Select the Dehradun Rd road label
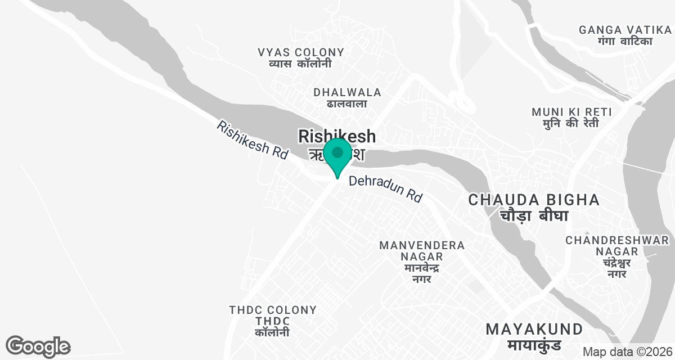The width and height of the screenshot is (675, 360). click(x=385, y=189)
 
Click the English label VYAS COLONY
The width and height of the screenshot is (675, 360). click(x=301, y=52)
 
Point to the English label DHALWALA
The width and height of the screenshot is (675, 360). click(x=347, y=92)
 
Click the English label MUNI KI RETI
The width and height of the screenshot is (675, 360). click(x=571, y=112)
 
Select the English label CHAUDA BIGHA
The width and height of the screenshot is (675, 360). click(x=533, y=200)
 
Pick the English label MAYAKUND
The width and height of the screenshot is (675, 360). click(x=534, y=329)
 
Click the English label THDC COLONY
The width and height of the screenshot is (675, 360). click(x=273, y=310)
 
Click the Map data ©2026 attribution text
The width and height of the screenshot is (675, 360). click(x=627, y=352)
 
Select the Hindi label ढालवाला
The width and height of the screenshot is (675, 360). click(x=346, y=103)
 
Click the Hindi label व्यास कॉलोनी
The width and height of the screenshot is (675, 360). click(x=300, y=64)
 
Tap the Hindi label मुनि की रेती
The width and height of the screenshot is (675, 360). click(x=571, y=123)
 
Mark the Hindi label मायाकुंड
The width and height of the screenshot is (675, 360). click(x=534, y=345)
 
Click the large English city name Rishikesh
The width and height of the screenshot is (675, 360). click(x=337, y=136)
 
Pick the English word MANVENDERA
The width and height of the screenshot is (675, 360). click(x=422, y=245)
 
